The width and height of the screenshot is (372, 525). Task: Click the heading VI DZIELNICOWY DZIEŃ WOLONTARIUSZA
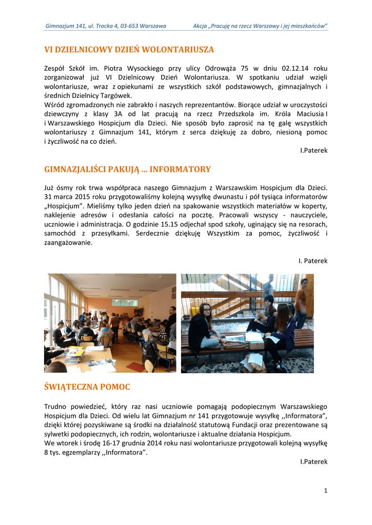pos(129,50)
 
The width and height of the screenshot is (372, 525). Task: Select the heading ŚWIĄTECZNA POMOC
pos(87,387)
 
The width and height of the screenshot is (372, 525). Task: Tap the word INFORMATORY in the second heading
pos(180,169)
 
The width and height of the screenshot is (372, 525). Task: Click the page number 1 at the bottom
pos(325,491)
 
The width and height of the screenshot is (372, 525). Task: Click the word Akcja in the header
pos(201,26)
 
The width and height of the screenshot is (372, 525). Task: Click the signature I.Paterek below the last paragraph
pos(314,461)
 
